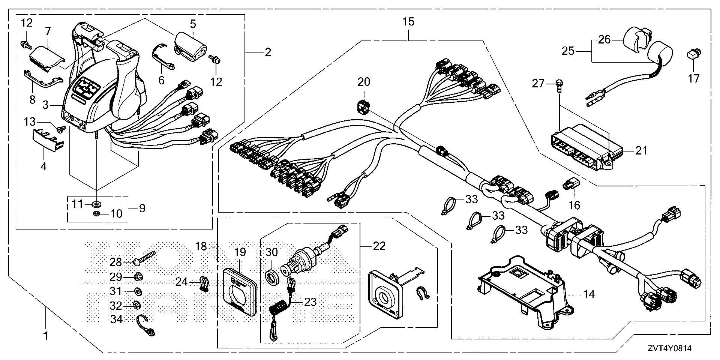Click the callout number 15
pos(409,22)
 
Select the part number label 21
pos(642,151)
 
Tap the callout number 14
pos(589,294)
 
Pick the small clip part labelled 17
pos(692,55)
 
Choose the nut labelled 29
pos(137,277)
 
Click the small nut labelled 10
pos(96,214)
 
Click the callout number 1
pos(45,336)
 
